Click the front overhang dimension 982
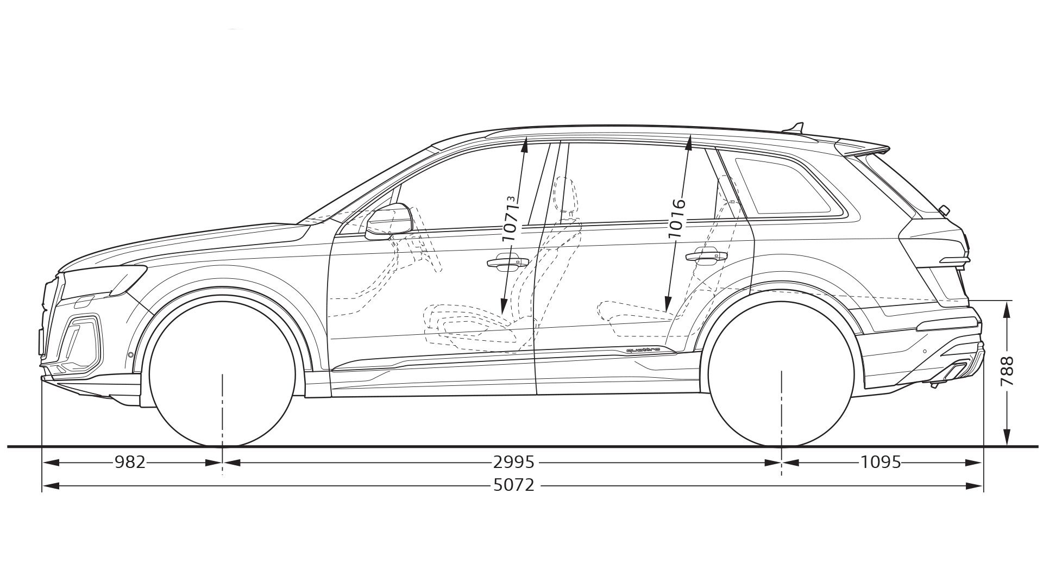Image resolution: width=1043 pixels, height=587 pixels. (x=130, y=463)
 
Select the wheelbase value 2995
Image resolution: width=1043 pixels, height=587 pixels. (x=514, y=463)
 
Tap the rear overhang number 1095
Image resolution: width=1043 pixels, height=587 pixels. (x=881, y=463)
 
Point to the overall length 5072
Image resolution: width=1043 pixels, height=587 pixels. (x=514, y=484)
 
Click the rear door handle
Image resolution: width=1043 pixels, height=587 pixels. (x=706, y=257)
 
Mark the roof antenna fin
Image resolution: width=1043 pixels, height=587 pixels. (x=794, y=129)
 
